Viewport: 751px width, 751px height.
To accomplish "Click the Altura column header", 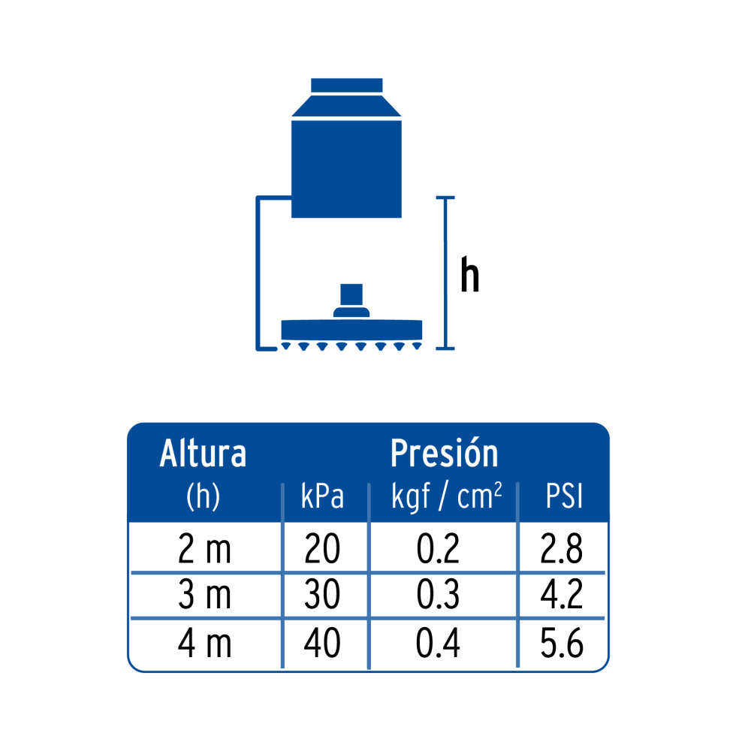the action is click(x=203, y=453).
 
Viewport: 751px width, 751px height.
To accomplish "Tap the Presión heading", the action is click(x=444, y=453).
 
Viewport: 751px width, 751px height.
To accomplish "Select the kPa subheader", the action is click(x=322, y=496).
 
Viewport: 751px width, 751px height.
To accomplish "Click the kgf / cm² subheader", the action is click(x=446, y=496).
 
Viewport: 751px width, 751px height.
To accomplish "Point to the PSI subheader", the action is click(x=564, y=496).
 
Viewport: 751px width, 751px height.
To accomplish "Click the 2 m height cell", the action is click(x=204, y=549).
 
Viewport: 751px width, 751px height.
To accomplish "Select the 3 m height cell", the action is click(x=204, y=594).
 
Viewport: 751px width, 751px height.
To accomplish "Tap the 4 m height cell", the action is click(x=204, y=642).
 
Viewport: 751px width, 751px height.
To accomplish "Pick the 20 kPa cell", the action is click(x=322, y=549).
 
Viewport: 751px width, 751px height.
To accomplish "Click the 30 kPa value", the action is click(x=322, y=594).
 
